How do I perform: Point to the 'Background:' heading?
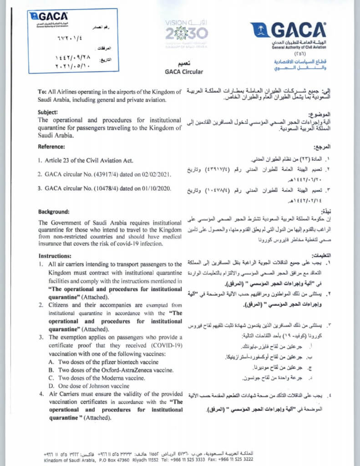pyautogui.click(x=54, y=212)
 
